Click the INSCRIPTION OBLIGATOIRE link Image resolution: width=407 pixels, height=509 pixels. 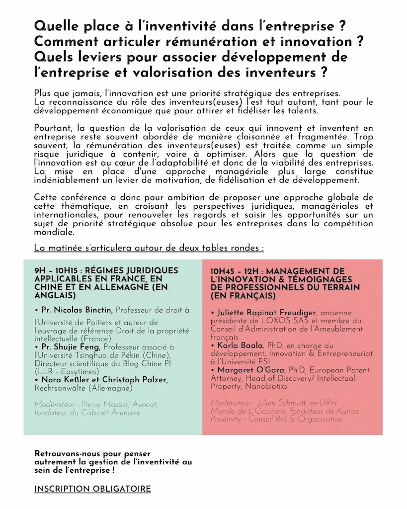[x=92, y=489]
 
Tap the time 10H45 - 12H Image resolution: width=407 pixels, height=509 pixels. [x=237, y=271]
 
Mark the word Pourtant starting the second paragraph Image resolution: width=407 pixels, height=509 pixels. [x=53, y=128]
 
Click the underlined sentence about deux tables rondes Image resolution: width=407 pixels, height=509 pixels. [x=149, y=248]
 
